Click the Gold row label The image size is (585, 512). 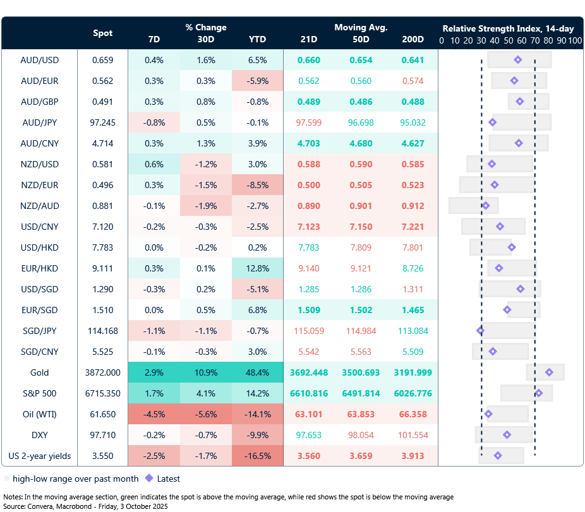tap(39, 372)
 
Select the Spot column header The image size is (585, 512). tap(103, 33)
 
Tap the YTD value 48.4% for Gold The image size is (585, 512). tap(257, 372)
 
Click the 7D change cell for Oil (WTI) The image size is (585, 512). tap(154, 414)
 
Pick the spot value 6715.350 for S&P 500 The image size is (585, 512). tap(103, 393)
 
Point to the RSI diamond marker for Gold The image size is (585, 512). tap(549, 372)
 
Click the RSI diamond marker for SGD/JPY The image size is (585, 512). tap(480, 330)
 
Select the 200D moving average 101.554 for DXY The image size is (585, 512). tap(413, 435)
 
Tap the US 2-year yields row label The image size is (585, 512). tap(39, 456)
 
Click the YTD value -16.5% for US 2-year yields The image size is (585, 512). tap(257, 456)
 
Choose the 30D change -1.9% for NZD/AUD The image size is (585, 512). tap(205, 206)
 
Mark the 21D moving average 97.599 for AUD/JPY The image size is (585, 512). tap(309, 122)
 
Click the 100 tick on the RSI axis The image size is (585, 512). tap(574, 40)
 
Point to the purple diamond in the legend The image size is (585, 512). tap(150, 479)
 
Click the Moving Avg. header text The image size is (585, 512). tap(361, 28)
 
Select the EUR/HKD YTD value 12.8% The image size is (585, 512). tap(257, 268)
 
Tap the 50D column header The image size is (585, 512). tap(361, 39)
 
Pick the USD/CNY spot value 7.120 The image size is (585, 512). tap(103, 227)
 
